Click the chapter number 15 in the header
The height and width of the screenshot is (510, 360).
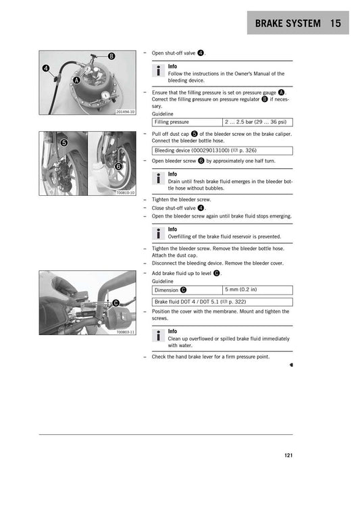(337, 24)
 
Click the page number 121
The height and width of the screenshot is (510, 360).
(288, 455)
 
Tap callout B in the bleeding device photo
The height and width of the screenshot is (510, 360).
(111, 55)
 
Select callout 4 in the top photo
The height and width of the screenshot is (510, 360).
(46, 68)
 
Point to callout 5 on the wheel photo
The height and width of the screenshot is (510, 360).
(63, 143)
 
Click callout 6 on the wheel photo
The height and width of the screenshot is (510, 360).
(118, 166)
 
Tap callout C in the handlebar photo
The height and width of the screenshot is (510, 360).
(115, 303)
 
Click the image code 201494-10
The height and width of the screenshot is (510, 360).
(125, 111)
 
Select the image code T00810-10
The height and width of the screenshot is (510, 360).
(125, 193)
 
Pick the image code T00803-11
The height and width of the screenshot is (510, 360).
(125, 332)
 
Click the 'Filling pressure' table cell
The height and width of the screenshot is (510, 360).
(187, 122)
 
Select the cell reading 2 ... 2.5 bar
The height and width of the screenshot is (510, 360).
(257, 122)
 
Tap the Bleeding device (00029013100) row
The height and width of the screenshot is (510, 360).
(222, 151)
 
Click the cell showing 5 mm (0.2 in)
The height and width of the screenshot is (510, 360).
(257, 290)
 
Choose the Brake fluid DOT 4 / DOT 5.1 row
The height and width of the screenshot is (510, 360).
(222, 302)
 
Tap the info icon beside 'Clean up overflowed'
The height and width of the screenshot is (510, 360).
(158, 336)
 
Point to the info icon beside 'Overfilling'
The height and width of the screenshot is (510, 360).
(158, 234)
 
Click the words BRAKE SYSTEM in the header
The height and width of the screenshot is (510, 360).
(288, 24)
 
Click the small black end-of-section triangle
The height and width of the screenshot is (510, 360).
(290, 363)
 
